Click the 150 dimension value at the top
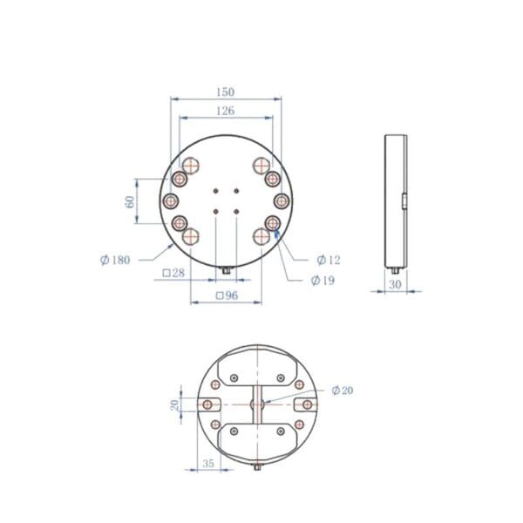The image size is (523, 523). click(226, 92)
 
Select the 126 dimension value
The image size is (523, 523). click(226, 111)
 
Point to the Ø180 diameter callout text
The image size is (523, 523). click(115, 260)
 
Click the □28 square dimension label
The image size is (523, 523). click(174, 274)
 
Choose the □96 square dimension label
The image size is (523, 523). click(226, 295)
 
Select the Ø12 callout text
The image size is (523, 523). click(328, 260)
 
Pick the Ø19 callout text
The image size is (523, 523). click(323, 280)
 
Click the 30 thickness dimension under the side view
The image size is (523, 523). click(395, 284)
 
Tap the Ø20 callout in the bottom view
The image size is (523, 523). click(343, 391)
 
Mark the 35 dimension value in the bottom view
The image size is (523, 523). click(207, 464)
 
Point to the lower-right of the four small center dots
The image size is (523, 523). click(236, 210)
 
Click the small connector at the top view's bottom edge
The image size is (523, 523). click(226, 270)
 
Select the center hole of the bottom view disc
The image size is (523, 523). click(257, 405)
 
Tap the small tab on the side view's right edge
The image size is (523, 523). click(405, 201)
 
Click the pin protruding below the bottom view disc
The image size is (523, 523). click(257, 466)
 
